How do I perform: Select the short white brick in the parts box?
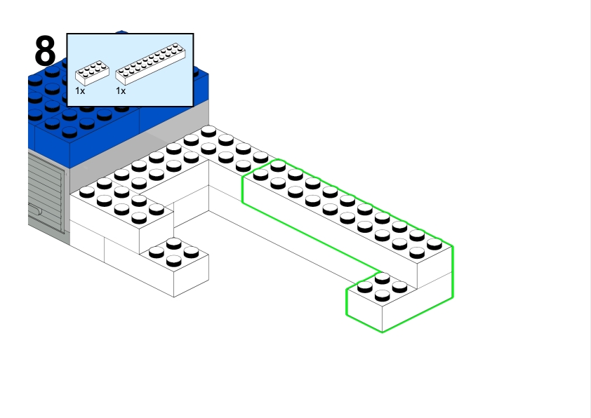(92, 72)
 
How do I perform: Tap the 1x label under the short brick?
(80, 91)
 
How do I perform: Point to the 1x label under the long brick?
(121, 91)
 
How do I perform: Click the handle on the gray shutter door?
(36, 209)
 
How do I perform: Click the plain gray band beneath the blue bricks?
(140, 140)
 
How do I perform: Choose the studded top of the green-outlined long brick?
(344, 210)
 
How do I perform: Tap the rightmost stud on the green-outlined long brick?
(434, 244)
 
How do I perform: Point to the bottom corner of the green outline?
(382, 332)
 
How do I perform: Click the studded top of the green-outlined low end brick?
(383, 288)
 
